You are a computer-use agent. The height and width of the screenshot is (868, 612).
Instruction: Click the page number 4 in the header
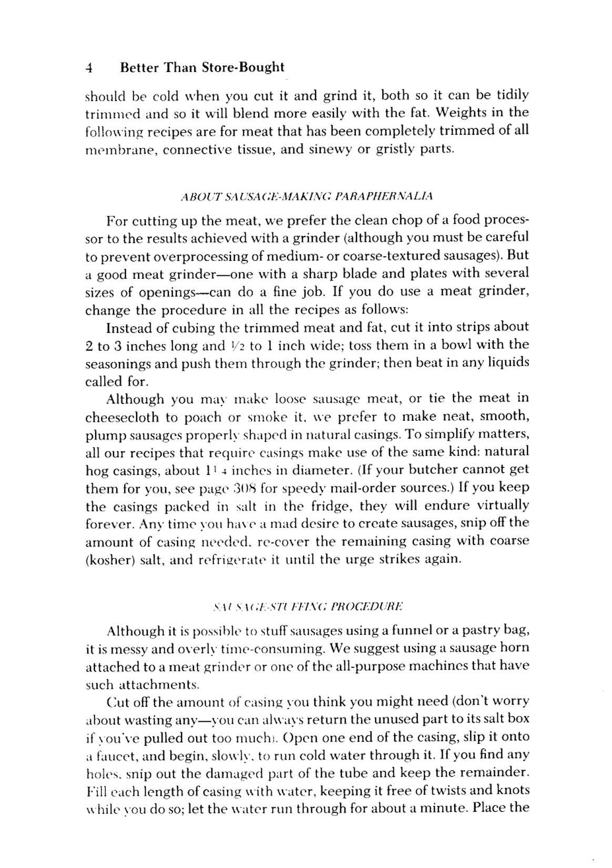coord(89,68)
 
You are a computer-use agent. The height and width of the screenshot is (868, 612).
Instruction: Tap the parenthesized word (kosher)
coord(109,560)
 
